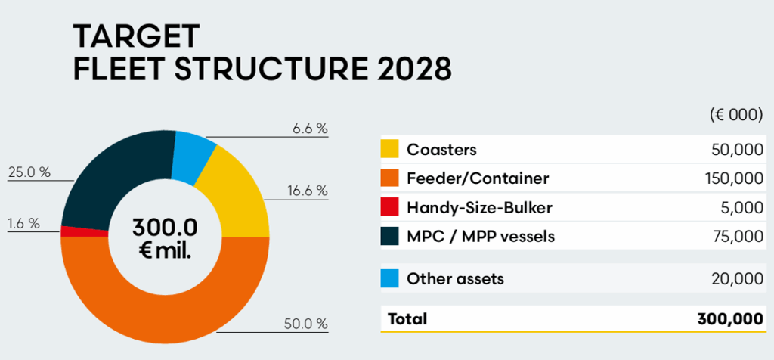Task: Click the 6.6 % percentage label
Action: (310, 129)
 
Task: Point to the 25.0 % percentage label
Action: (29, 172)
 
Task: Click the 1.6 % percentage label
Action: (23, 223)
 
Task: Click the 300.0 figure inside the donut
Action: (164, 227)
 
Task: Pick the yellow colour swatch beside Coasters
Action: (389, 149)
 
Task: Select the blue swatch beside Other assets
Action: (389, 279)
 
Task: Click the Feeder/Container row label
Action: (478, 178)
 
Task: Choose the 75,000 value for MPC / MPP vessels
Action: (738, 237)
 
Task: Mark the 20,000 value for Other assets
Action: (738, 279)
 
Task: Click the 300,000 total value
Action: (730, 319)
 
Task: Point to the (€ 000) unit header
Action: (736, 115)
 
